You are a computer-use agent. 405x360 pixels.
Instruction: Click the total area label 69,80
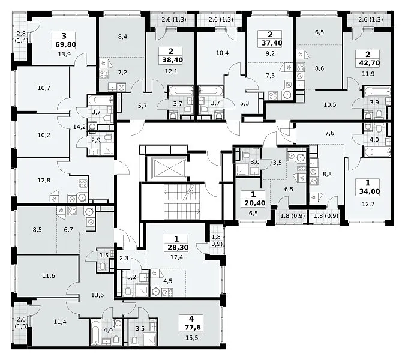(x=65, y=44)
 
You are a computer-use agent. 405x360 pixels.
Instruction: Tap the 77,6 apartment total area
(x=191, y=328)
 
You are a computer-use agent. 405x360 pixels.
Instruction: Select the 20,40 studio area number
(x=255, y=203)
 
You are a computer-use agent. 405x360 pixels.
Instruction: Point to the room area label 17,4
(x=176, y=257)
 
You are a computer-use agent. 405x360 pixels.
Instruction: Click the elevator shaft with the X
(x=169, y=168)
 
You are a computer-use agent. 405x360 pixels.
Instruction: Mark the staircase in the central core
(x=182, y=202)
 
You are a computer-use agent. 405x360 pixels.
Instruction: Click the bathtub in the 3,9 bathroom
(x=377, y=92)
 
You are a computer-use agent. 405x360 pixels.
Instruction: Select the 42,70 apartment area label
(x=368, y=63)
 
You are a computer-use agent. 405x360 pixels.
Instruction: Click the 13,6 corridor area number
(x=98, y=295)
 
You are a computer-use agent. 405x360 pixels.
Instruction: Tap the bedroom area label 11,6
(x=49, y=276)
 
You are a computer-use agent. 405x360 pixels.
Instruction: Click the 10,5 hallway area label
(x=330, y=104)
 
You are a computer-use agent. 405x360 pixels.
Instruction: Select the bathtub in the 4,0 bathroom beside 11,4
(x=94, y=332)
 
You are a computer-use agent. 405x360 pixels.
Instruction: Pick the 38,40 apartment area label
(x=173, y=60)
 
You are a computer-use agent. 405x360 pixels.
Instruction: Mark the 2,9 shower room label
(x=96, y=140)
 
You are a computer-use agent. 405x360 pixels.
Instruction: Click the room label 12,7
(x=368, y=204)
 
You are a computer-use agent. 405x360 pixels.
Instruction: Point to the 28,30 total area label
(x=178, y=247)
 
